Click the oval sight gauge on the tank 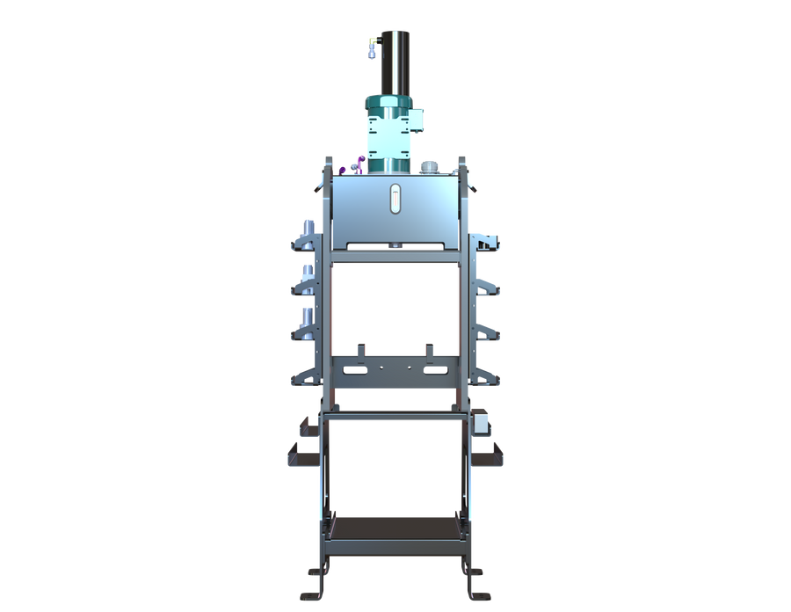pyautogui.click(x=395, y=198)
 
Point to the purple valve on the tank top pyautogui.click(x=359, y=164)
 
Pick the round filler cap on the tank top pyautogui.click(x=429, y=165)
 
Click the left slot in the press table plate pyautogui.click(x=357, y=370)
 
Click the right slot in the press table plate pyautogui.click(x=434, y=370)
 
